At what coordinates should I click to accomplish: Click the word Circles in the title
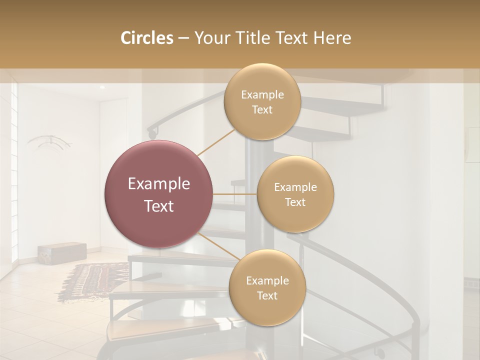coord(146,38)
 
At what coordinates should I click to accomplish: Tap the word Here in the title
coord(332,38)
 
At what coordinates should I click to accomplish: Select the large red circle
coord(159,194)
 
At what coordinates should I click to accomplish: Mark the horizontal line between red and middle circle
coord(235,193)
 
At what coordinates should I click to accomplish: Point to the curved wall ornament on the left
coord(49,142)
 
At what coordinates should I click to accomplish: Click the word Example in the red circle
coord(159,184)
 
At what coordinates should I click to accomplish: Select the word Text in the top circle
coord(262,109)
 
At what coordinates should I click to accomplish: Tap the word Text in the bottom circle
coord(267,295)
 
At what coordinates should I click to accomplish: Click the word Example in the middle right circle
coord(295,187)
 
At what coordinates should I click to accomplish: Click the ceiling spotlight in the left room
coord(101,87)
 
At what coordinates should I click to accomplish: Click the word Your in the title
coord(210,38)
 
